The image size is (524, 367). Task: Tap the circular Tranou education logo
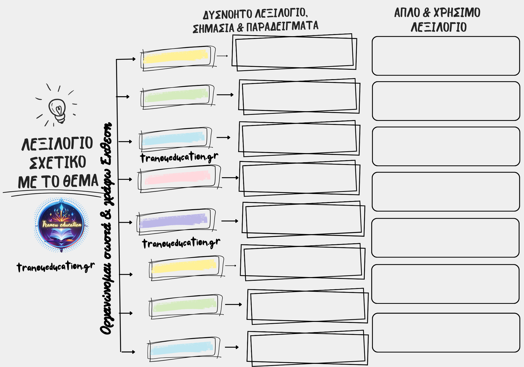tap(61, 225)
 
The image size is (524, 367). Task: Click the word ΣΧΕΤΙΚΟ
tap(58, 163)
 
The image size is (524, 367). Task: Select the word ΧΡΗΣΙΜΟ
tap(457, 13)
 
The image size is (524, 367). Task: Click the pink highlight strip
tap(178, 177)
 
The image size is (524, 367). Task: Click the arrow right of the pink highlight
tap(230, 178)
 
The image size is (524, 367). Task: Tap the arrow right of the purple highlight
tap(230, 221)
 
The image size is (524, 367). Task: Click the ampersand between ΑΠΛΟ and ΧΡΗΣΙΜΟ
tap(427, 13)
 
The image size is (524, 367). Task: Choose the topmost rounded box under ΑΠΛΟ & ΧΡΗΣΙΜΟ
tap(446, 56)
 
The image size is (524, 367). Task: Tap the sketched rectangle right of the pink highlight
tap(299, 178)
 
